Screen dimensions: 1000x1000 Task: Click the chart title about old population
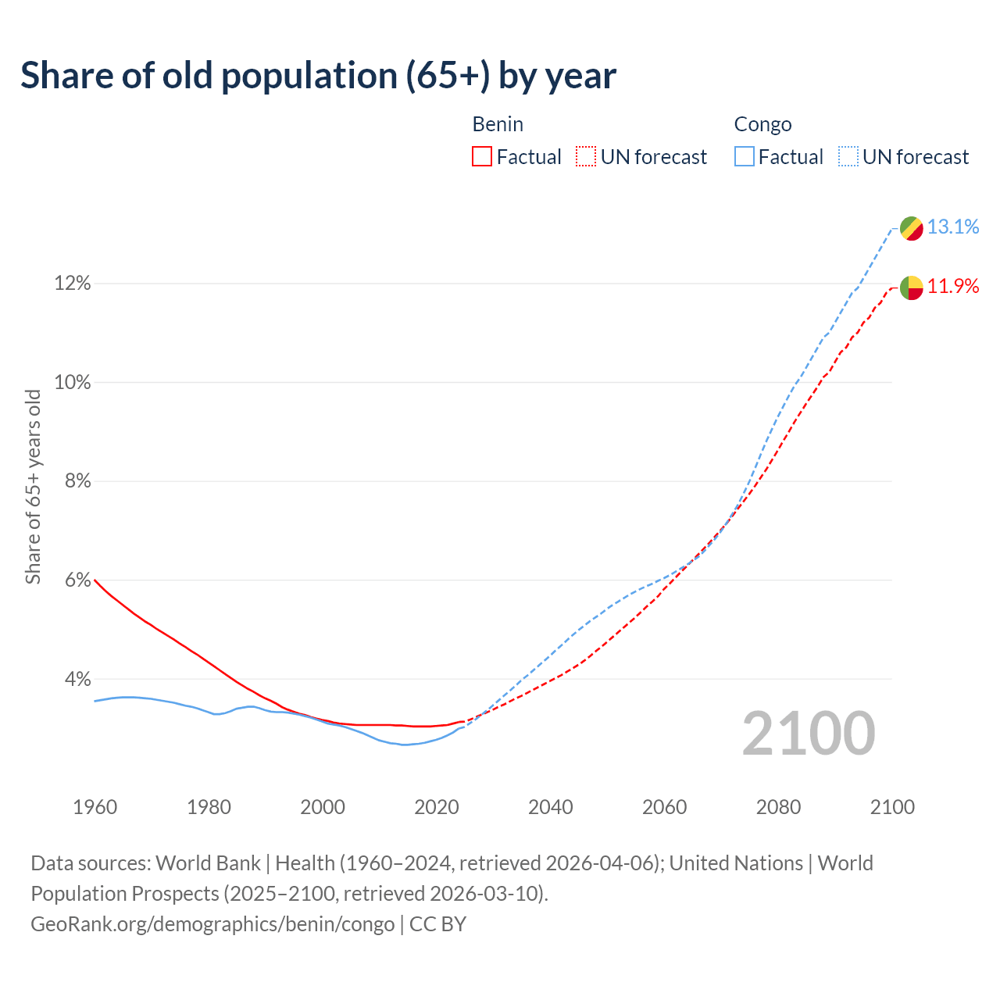(318, 76)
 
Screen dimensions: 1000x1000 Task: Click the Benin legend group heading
(498, 124)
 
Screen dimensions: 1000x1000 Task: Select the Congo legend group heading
(762, 124)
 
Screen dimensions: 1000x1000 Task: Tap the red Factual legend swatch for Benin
(482, 157)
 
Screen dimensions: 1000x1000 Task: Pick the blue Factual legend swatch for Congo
(744, 157)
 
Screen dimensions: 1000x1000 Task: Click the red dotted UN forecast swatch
(586, 157)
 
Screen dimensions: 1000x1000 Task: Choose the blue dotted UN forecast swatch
(848, 157)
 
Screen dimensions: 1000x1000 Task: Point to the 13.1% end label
(953, 227)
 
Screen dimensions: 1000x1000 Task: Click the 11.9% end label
(953, 286)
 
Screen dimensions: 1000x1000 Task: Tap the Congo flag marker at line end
(911, 228)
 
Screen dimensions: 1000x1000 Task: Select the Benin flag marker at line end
(911, 287)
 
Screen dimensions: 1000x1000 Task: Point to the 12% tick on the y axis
(72, 284)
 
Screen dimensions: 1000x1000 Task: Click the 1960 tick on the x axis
(95, 807)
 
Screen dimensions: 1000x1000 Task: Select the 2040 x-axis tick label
(550, 807)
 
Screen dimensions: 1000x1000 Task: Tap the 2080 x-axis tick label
(778, 807)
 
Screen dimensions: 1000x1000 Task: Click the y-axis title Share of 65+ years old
(33, 487)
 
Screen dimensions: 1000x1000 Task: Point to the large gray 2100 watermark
(808, 734)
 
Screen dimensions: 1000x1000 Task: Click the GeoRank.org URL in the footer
(212, 924)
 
